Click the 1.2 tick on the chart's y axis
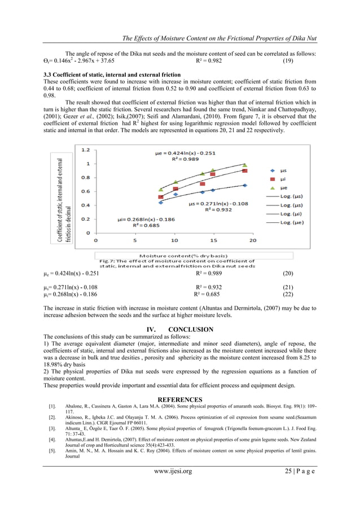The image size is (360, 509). (86, 150)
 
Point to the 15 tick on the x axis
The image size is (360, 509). (213, 240)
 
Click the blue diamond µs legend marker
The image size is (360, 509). (273, 170)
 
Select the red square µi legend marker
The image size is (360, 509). (273, 178)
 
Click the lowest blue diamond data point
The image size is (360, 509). (161, 202)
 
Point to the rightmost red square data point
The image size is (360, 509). (244, 170)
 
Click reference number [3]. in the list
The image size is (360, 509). (52, 428)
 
